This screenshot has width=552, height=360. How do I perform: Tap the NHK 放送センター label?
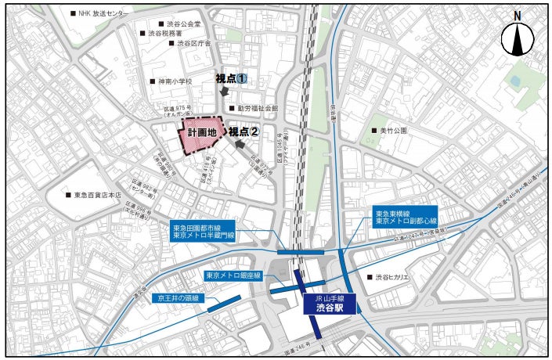(x=103, y=13)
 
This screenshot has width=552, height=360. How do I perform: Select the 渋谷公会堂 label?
(x=183, y=24)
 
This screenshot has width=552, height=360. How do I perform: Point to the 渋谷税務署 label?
(x=165, y=34)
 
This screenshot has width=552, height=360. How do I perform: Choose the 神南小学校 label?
(x=175, y=81)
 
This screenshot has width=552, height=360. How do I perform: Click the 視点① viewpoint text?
(x=232, y=79)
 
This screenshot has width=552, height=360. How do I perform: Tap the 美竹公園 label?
(x=391, y=131)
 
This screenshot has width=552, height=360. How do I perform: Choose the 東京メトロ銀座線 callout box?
(x=233, y=275)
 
